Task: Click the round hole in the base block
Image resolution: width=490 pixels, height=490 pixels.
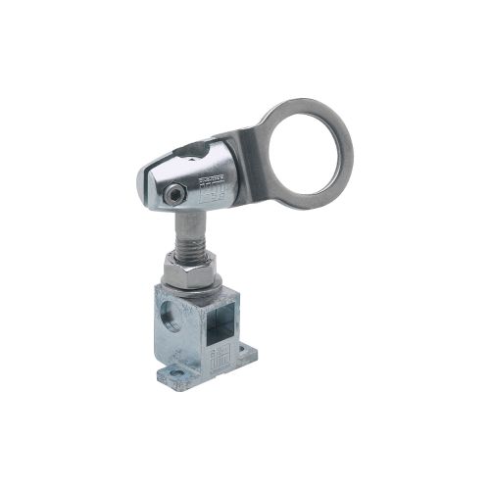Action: click(x=173, y=317)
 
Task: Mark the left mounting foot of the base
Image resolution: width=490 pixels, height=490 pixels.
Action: click(x=174, y=373)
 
